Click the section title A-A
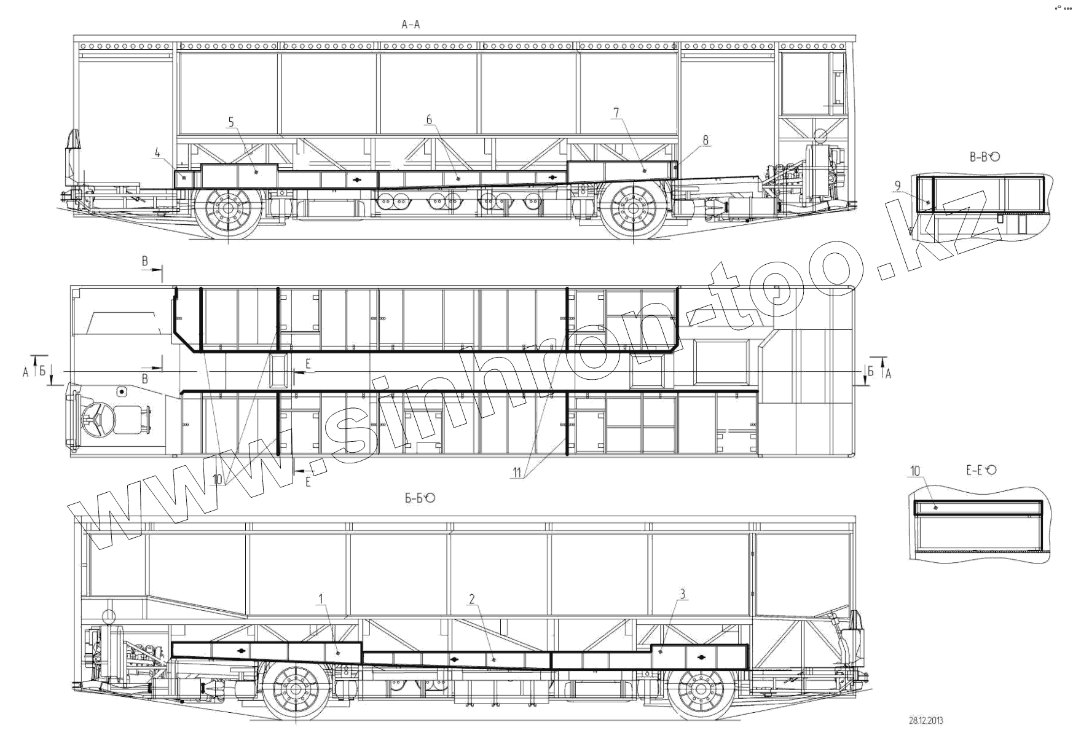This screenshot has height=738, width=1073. point(411,25)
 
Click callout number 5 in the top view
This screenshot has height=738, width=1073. point(231,122)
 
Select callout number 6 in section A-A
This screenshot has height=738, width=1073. point(429,120)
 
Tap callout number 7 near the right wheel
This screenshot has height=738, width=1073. point(616,112)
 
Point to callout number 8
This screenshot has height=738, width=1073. point(706,140)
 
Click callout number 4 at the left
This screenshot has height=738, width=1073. point(158,152)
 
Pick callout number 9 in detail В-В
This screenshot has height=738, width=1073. point(898,185)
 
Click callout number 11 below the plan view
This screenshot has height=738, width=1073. point(517,472)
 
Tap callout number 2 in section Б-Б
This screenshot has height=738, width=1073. point(472,599)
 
